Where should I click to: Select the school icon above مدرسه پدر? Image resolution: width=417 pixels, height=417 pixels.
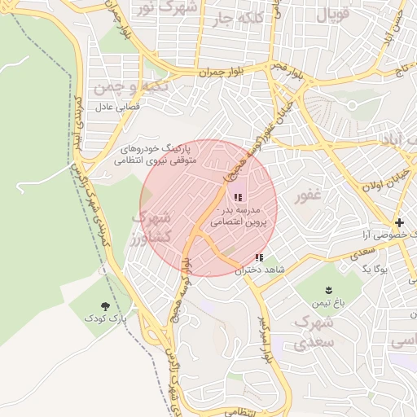click(238, 196)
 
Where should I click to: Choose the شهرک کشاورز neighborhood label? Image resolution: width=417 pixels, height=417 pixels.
click(150, 227)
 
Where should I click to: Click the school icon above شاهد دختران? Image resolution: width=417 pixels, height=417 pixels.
click(259, 257)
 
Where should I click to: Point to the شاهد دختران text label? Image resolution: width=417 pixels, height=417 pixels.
click(250, 270)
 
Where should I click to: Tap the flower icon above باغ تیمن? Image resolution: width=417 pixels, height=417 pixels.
click(329, 291)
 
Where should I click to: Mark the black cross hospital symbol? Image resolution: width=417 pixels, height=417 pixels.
click(399, 222)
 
